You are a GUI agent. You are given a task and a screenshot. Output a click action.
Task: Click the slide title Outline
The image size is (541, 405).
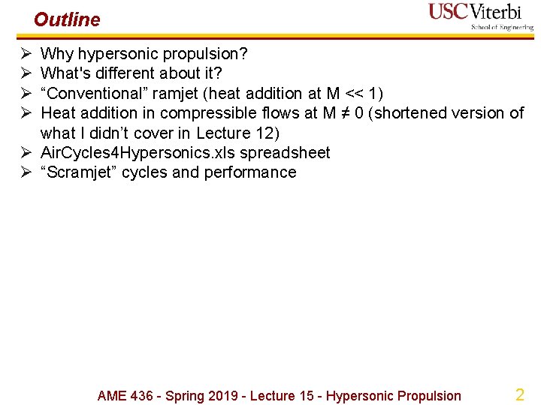(x=67, y=19)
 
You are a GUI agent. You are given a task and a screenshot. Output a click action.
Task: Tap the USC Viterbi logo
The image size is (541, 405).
(x=481, y=15)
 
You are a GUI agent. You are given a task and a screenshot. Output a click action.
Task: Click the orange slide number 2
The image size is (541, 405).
(x=519, y=394)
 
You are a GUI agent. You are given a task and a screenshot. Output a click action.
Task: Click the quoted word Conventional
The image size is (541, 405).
(x=92, y=93)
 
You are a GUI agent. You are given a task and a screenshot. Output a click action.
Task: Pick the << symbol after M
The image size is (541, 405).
(x=353, y=93)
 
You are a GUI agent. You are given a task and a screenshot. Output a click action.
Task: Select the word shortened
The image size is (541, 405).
(x=413, y=113)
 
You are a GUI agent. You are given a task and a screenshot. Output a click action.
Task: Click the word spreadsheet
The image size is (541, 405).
(x=285, y=152)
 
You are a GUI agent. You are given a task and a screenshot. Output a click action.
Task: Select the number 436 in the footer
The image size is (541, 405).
(x=144, y=396)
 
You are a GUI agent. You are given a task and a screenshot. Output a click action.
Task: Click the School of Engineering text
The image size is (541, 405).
(x=502, y=28)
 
